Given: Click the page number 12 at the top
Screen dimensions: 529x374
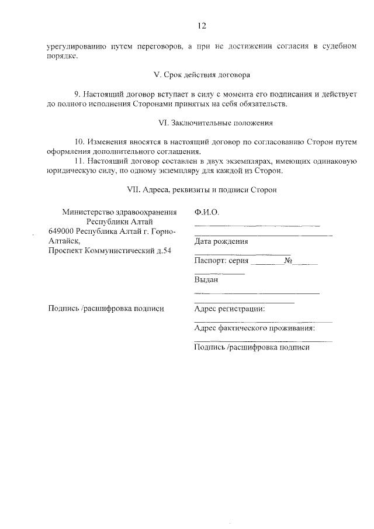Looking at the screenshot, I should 202,26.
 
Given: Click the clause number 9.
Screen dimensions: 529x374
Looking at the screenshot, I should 77,94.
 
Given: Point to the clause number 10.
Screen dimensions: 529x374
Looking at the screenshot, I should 79,142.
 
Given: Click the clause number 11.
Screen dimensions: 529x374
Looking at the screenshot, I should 79,161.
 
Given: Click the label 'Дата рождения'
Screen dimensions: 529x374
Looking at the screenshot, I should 221,241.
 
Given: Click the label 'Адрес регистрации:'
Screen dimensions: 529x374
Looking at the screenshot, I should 229,309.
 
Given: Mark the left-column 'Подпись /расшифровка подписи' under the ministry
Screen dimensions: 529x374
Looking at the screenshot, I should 106,309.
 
